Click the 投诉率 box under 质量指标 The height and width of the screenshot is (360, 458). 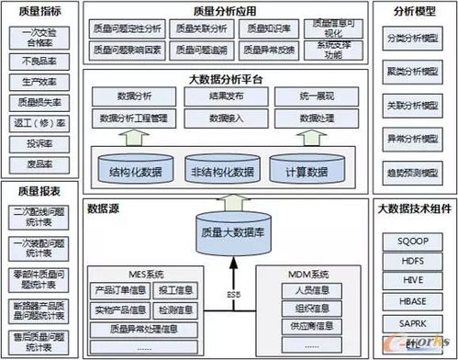38,145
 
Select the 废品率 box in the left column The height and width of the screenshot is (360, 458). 38,166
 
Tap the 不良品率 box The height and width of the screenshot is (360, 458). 38,61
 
